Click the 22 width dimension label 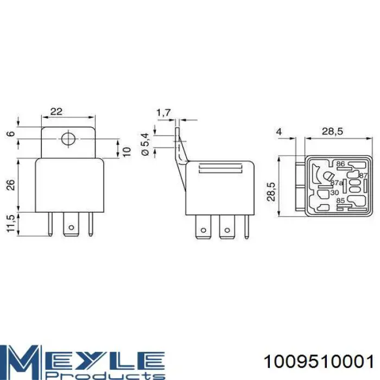(x=56, y=111)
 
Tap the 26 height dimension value (x=11, y=185)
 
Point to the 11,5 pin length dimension (x=11, y=224)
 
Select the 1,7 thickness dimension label (x=163, y=113)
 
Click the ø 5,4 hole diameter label (x=145, y=144)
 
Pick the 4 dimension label (x=279, y=132)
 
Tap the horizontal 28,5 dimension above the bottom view (x=332, y=131)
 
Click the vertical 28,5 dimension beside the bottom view (x=271, y=192)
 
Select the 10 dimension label (x=126, y=151)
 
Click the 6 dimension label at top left (x=11, y=134)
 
